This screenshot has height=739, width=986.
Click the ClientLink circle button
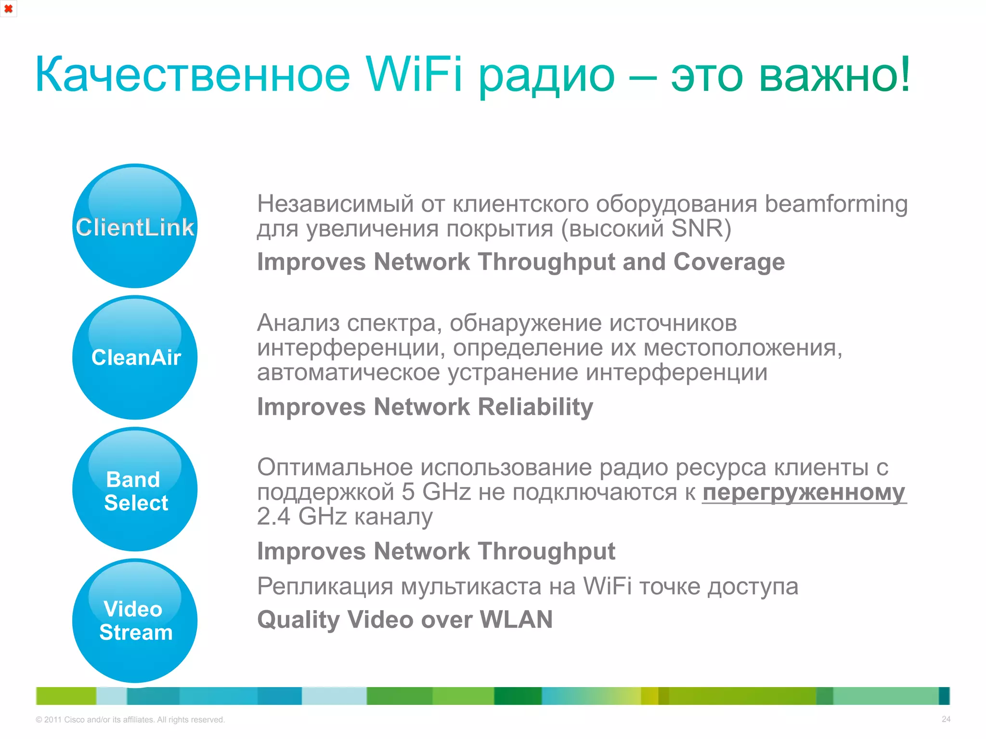135,226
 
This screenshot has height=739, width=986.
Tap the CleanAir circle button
135,357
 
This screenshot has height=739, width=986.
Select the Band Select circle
135,489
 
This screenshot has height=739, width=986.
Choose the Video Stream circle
135,621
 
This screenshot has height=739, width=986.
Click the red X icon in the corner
8,9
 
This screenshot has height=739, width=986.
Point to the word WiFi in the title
414,75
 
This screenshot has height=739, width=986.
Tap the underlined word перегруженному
804,492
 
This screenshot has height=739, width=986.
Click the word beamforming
836,204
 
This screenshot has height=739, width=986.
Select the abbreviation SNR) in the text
701,229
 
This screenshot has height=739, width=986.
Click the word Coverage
729,262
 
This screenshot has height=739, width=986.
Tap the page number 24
946,719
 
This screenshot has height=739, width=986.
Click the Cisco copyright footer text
130,720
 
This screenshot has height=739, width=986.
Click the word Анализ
298,323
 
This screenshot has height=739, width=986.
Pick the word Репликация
325,586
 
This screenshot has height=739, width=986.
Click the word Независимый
335,204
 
